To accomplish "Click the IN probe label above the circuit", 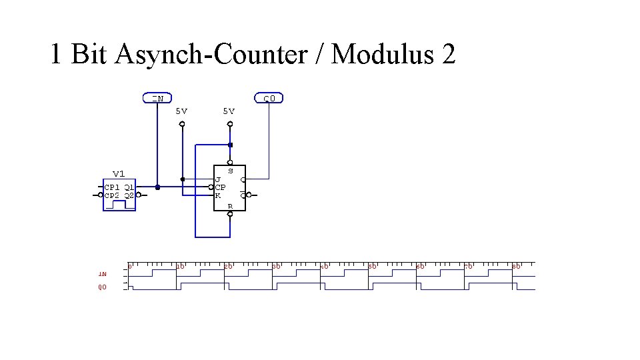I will coord(158,98).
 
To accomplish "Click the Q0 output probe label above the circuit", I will coord(269,98).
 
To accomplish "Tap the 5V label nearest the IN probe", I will coord(181,111).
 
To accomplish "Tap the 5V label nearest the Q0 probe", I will coord(229,111).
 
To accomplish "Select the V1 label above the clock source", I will coord(119,173).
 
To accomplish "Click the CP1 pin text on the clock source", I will coord(112,187).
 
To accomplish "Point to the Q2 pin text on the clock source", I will coord(129,195).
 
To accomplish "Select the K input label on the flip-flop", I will coord(218,195).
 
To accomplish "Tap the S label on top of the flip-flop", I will coord(230,171).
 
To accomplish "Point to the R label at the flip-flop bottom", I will coord(230,206).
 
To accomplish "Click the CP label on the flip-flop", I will coord(220,187).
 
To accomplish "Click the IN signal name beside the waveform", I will coord(102,273).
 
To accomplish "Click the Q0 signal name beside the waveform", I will coord(102,287).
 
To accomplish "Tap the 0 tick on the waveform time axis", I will coord(131,266).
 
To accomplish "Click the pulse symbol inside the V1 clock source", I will coord(119,204).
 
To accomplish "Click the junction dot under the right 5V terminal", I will coord(230,145).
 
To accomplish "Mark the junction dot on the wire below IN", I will coord(157,187).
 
